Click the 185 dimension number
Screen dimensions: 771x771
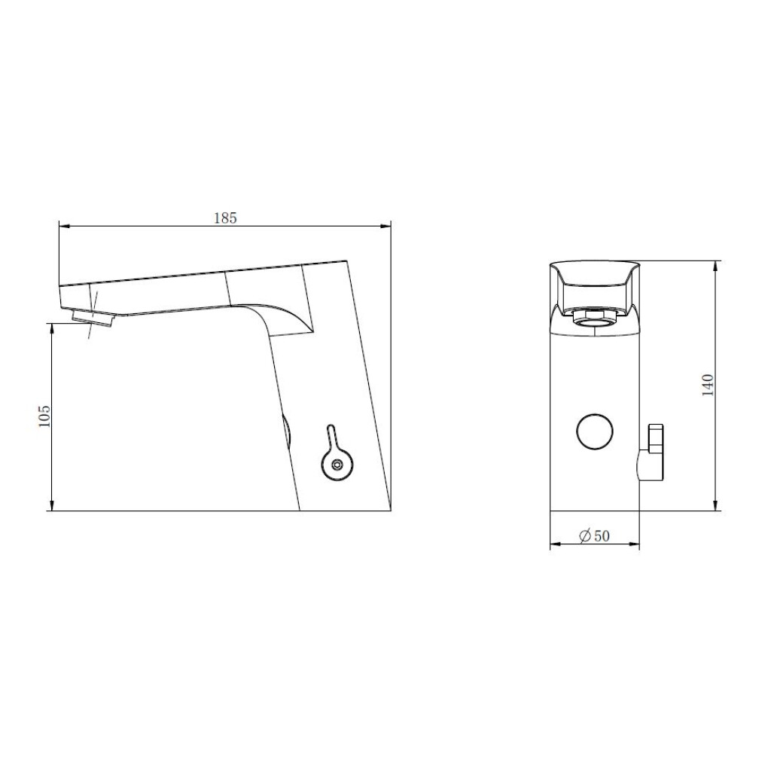(x=225, y=218)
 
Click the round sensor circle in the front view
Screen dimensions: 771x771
(x=595, y=431)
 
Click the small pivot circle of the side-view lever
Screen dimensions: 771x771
(x=337, y=465)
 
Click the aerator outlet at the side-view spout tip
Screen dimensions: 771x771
(x=93, y=317)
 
